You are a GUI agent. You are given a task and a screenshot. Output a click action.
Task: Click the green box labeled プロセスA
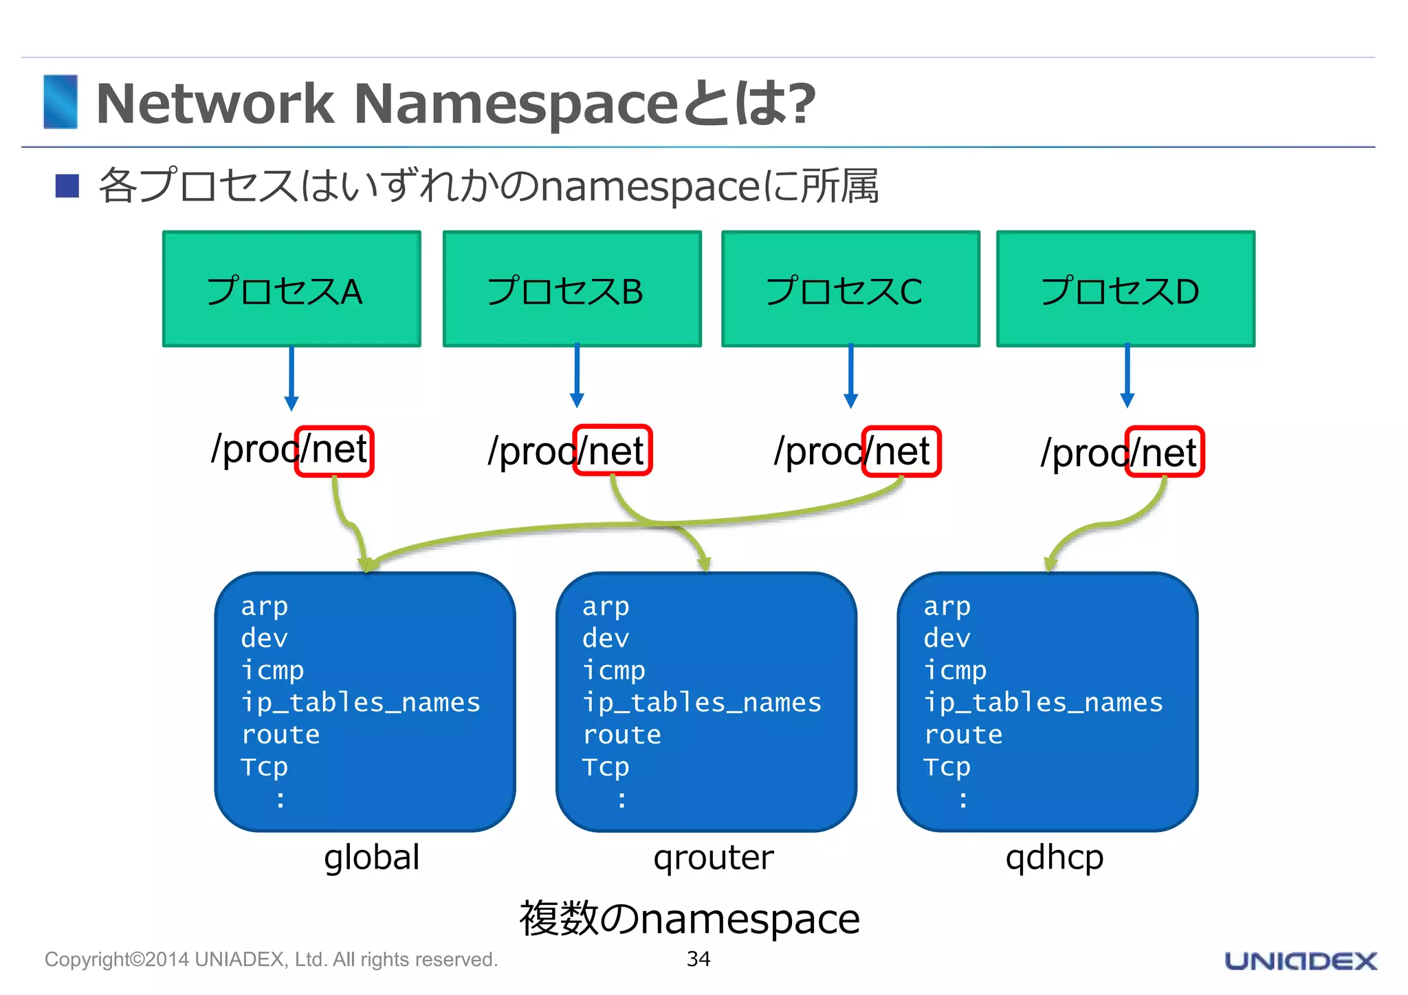pos(291,289)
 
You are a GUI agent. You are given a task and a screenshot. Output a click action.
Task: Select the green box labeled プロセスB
pos(572,289)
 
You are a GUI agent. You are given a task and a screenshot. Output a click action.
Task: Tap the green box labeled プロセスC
pos(850,289)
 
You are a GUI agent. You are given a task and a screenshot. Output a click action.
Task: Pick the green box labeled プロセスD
pos(1125,289)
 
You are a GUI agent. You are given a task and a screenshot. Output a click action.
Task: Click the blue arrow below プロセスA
pos(291,378)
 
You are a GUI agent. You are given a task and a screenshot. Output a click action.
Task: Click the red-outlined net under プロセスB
pos(613,451)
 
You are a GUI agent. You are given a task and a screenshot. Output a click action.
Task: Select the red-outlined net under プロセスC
pos(901,451)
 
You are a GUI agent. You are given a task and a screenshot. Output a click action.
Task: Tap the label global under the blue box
pos(371,858)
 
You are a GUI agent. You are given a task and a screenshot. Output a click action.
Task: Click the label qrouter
pos(713,858)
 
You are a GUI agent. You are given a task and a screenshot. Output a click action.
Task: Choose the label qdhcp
pos(1054,858)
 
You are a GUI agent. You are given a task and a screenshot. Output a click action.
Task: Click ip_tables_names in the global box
pos(360,703)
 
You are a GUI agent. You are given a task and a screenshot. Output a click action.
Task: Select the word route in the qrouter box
pos(621,735)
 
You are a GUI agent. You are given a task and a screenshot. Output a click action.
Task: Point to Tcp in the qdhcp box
pos(947,767)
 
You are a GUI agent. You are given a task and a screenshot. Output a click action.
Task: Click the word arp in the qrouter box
pos(605,607)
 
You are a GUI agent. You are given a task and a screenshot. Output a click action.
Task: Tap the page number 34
pos(698,959)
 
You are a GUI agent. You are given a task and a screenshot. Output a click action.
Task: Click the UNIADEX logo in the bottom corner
pos(1300,961)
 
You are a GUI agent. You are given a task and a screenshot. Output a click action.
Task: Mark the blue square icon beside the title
pos(60,102)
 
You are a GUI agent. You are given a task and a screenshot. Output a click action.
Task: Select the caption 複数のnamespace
pos(690,919)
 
